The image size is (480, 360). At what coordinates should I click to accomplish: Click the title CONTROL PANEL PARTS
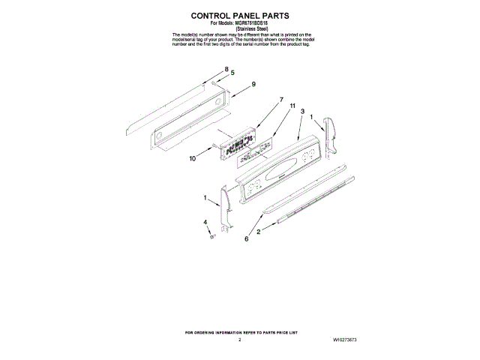pos(239,15)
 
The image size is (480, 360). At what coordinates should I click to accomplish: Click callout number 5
pos(232,73)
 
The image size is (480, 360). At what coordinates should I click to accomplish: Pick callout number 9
pos(253,84)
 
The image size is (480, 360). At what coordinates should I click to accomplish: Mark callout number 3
pos(302,112)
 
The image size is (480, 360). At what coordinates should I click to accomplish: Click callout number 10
pos(192,158)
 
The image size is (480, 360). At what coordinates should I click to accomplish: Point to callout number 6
pos(246,239)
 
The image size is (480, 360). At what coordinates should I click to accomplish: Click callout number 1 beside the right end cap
pos(312,118)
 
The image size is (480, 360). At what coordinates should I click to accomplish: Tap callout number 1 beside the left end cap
pos(205,198)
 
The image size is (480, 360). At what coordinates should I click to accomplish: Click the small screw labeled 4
pos(213,235)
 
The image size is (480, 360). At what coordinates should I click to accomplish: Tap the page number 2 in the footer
pos(239,340)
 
